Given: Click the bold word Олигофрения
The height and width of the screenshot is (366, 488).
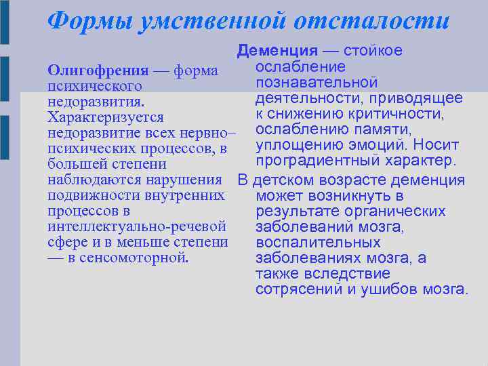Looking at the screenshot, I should [x=98, y=71].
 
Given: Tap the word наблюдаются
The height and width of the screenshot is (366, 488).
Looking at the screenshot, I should [x=87, y=180].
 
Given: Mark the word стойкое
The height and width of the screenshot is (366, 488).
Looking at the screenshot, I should [x=373, y=51].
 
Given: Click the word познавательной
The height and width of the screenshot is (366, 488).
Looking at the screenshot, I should [x=317, y=83].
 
